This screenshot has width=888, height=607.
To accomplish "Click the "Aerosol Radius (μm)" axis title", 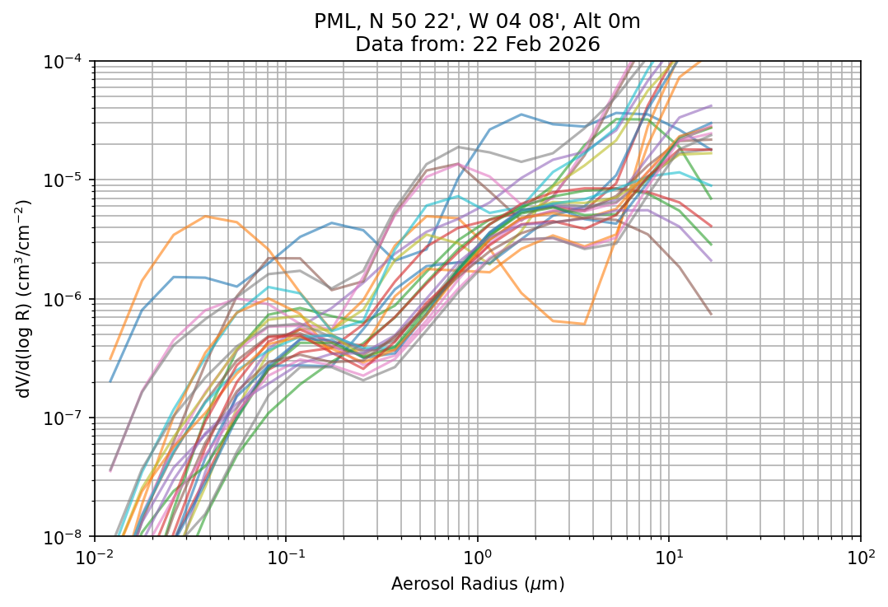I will pyautogui.click(x=477, y=584).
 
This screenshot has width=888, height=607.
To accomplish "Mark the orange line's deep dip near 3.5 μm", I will pyautogui.click(x=584, y=325).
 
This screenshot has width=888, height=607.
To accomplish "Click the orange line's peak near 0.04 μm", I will pyautogui.click(x=205, y=217).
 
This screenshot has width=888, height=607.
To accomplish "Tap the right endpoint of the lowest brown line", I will pyautogui.click(x=711, y=314).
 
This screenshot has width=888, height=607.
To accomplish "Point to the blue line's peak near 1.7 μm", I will pyautogui.click(x=521, y=114).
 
